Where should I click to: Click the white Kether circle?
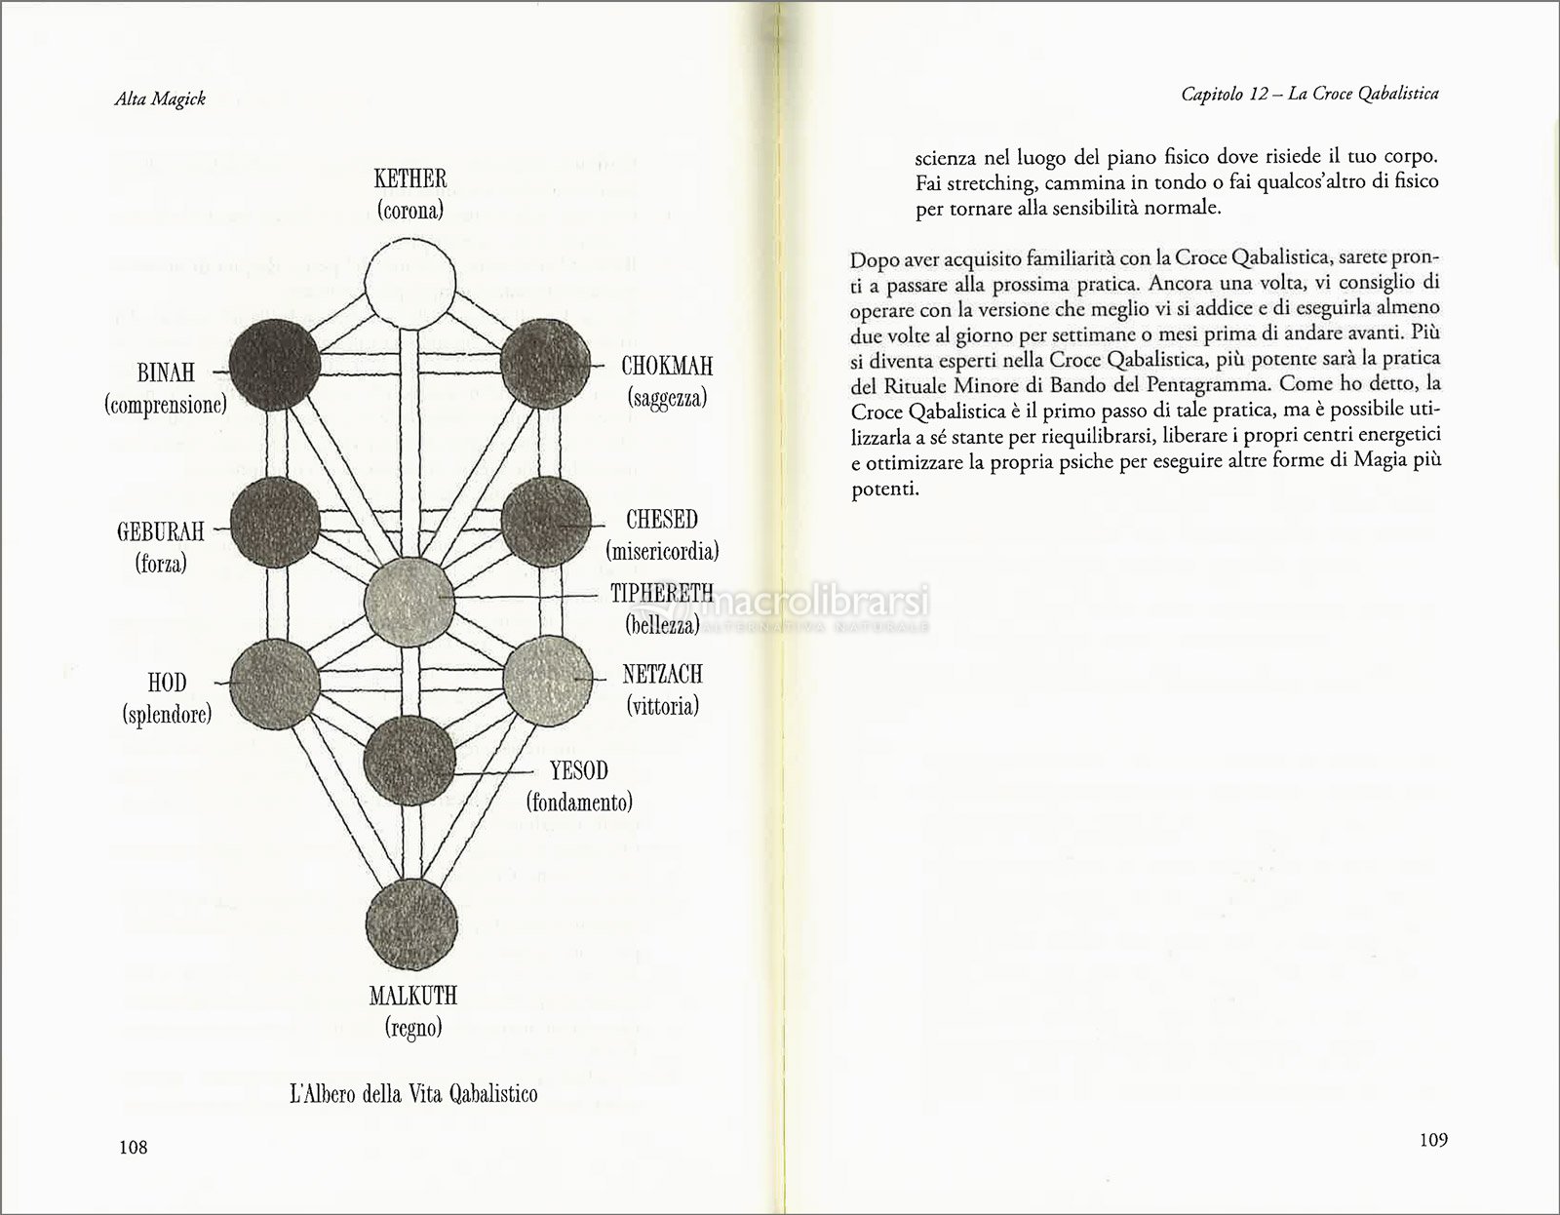pos(410,284)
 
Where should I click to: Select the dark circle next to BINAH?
pos(275,364)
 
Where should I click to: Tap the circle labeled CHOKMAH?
pos(545,363)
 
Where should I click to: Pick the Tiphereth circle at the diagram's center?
pos(409,602)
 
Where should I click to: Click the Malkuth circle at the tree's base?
pos(411,923)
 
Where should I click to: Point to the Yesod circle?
pos(409,761)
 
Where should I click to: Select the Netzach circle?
pos(547,681)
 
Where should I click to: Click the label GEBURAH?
pos(161,531)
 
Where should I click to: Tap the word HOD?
pos(167,683)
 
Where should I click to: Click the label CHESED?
pos(661,520)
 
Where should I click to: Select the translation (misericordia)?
pos(662,551)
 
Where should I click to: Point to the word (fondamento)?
pos(579,802)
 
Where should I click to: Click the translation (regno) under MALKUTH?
pos(412,1027)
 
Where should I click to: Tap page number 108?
pos(133,1147)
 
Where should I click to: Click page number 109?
pos(1432,1140)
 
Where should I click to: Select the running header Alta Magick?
pos(160,98)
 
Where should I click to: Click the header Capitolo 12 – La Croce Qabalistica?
pos(1309,94)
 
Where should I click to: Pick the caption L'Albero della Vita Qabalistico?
pos(413,1093)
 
